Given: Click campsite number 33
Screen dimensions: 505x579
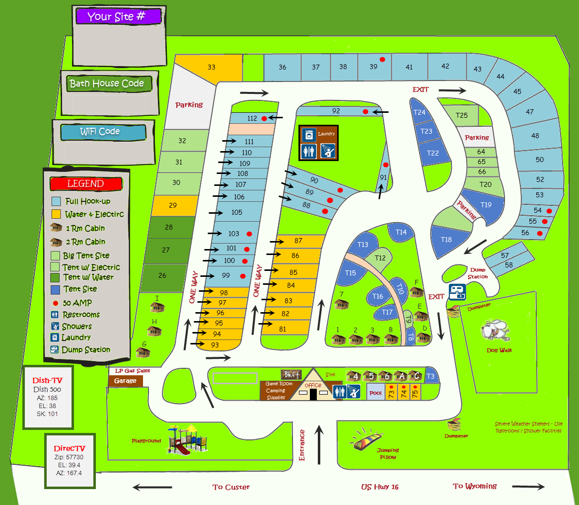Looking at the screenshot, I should (x=212, y=67).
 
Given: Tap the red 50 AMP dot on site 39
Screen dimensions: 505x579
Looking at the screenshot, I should (x=382, y=60).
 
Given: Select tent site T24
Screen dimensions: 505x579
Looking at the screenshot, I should (x=420, y=112).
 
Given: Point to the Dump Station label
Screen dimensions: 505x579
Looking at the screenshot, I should (x=478, y=273).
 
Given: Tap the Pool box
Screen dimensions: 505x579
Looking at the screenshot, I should (x=375, y=393).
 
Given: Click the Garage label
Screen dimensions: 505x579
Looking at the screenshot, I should (x=125, y=381).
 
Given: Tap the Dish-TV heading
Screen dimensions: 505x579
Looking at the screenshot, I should (x=48, y=381).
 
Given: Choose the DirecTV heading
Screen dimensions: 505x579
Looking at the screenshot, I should (x=69, y=448).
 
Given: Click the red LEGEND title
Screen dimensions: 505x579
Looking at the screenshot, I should (x=85, y=183).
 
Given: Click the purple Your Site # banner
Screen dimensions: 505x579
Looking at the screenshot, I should (x=119, y=16).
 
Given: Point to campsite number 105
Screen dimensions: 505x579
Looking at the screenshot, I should (x=237, y=212).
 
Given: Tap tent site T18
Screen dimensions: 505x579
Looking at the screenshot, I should (x=446, y=240).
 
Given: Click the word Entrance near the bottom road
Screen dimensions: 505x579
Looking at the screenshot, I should (x=302, y=445).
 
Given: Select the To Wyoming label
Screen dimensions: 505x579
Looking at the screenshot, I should (x=475, y=486).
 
